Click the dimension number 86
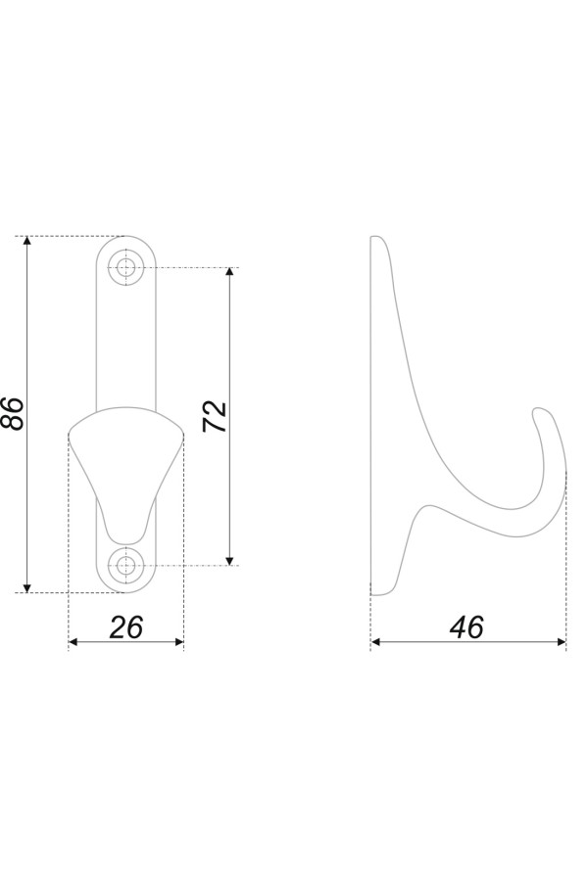[14, 413]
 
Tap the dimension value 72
[215, 416]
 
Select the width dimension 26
[126, 627]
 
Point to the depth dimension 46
[466, 627]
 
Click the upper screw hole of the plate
[126, 267]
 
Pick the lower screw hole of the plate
[126, 565]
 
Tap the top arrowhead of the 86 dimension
[27, 242]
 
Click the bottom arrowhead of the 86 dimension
[27, 587]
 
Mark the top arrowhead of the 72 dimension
[229, 272]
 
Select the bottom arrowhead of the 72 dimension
[229, 560]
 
